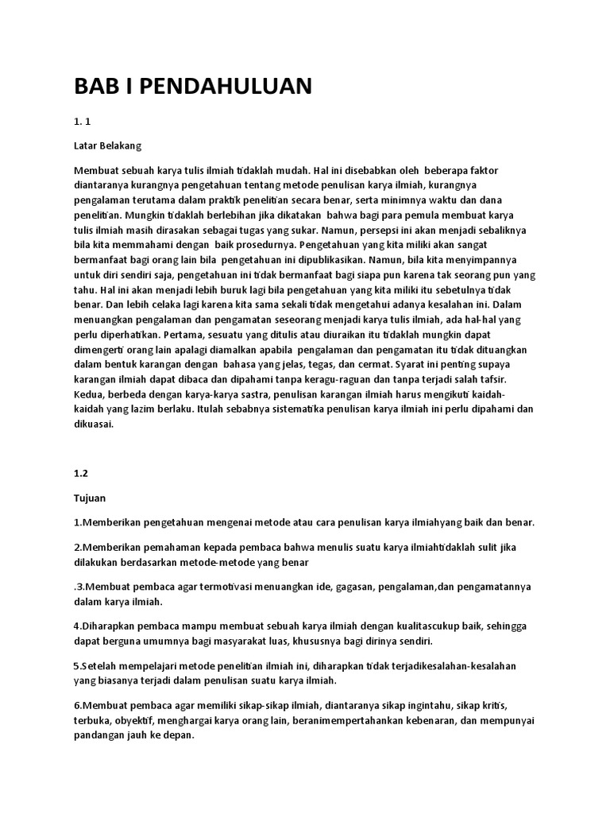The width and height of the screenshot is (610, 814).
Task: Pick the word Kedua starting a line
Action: (90, 394)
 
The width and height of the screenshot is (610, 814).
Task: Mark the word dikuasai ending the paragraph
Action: (95, 424)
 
